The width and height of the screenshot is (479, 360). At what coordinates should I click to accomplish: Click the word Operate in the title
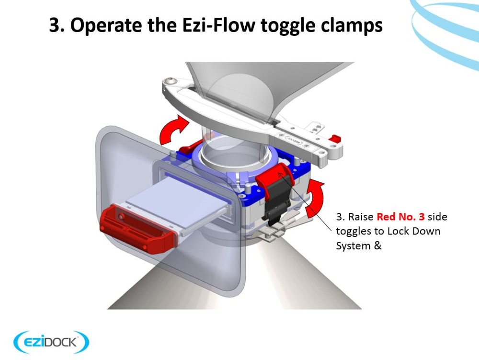point(107,25)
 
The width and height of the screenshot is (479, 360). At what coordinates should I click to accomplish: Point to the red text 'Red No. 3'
point(400,217)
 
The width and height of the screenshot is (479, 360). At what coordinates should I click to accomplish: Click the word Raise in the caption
point(361,217)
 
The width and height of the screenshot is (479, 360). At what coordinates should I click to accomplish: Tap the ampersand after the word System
point(377,246)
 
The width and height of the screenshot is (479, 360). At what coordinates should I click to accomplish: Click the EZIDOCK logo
point(51,342)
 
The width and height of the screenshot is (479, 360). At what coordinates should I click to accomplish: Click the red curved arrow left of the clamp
point(171,130)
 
